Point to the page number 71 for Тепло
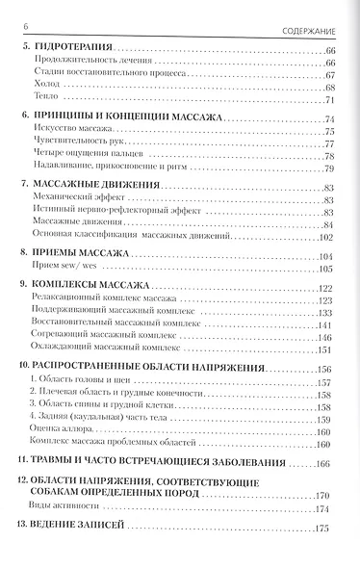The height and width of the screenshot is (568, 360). [x=329, y=100]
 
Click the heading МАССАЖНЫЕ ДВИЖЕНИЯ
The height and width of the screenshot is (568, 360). [x=94, y=186]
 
